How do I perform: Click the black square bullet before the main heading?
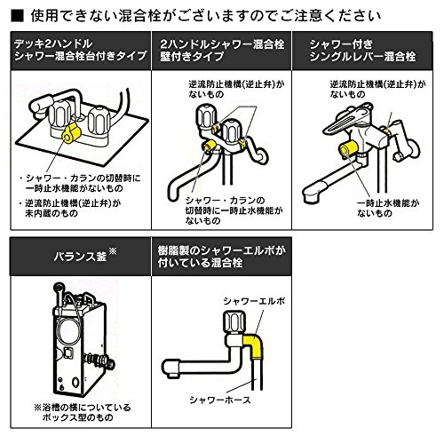(17, 16)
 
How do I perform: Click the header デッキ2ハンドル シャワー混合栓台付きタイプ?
(81, 50)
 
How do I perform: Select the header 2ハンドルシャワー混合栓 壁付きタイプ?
(222, 50)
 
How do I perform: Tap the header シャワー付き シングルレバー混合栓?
(362, 51)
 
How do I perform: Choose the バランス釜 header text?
(80, 257)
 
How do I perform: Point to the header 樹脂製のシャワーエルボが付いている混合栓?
(221, 257)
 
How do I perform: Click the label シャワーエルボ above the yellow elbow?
(254, 301)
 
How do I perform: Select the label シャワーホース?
(220, 400)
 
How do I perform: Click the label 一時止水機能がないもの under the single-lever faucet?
(388, 208)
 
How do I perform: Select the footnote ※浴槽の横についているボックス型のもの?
(82, 412)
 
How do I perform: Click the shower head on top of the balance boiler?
(59, 287)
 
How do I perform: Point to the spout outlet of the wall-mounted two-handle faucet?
(173, 194)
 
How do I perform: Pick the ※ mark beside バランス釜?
(113, 252)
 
